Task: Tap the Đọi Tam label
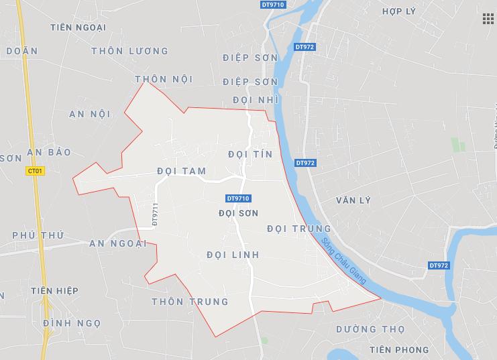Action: pos(181,171)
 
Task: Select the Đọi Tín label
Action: pos(250,154)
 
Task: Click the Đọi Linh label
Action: pos(232,255)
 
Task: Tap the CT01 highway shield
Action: pos(36,171)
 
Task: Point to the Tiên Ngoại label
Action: pos(78,27)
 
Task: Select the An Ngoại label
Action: pos(118,243)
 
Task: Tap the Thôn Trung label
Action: pos(190,302)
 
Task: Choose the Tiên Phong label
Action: pos(398,350)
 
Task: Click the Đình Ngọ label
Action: pos(71,323)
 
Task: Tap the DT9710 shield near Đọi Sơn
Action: pos(238,198)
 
